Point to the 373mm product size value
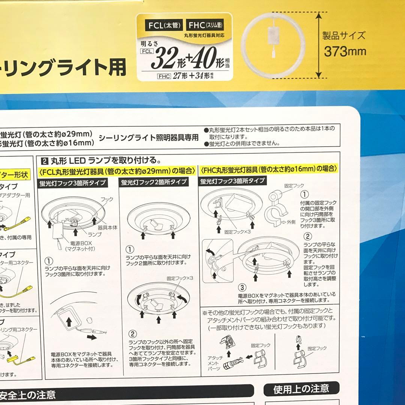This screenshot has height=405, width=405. (x=345, y=51)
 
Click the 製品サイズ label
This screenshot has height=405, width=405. (x=344, y=36)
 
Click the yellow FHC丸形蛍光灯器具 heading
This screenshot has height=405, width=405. (x=269, y=169)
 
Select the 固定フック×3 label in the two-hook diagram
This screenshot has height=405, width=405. (x=180, y=279)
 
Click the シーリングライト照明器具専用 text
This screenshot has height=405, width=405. (x=148, y=138)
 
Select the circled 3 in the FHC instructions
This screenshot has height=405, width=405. (x=242, y=288)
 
